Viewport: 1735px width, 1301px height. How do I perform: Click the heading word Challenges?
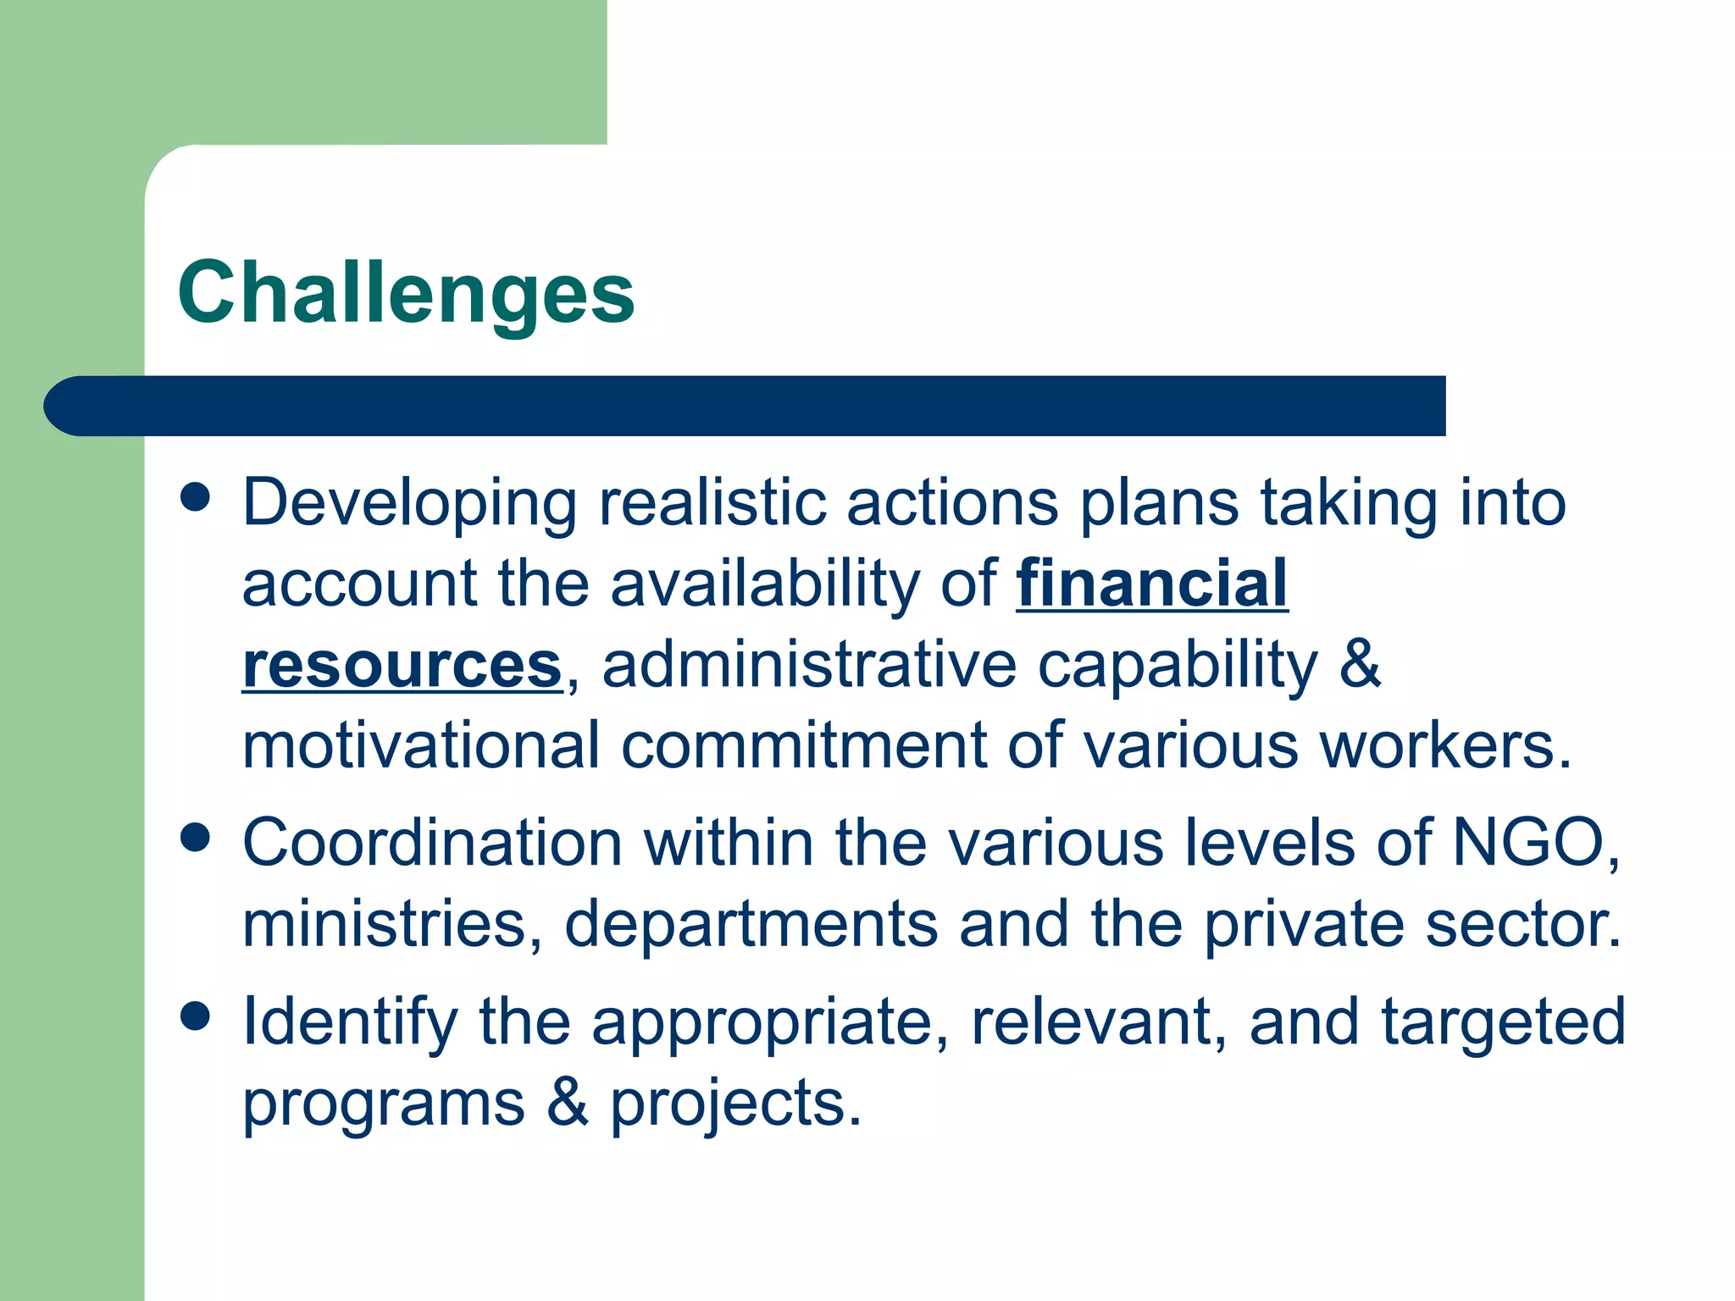pyautogui.click(x=406, y=293)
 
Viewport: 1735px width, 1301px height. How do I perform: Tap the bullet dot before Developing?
pyautogui.click(x=196, y=497)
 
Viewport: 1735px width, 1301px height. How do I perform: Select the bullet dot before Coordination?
pyautogui.click(x=196, y=838)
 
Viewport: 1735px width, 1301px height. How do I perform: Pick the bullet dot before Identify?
pyautogui.click(x=196, y=1016)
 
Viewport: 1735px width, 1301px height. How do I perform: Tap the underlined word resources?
pyautogui.click(x=402, y=665)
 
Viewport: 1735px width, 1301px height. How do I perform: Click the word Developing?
pyautogui.click(x=409, y=504)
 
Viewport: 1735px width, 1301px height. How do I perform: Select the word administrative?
pyautogui.click(x=809, y=665)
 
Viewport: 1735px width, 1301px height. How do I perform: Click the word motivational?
pyautogui.click(x=421, y=745)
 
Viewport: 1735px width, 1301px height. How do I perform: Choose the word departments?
pyautogui.click(x=751, y=925)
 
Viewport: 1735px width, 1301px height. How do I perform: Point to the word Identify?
pyautogui.click(x=349, y=1022)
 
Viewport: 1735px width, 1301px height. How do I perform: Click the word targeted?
pyautogui.click(x=1504, y=1022)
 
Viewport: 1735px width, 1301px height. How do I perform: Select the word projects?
pyautogui.click(x=735, y=1104)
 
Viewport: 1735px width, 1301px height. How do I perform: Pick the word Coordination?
pyautogui.click(x=432, y=843)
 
